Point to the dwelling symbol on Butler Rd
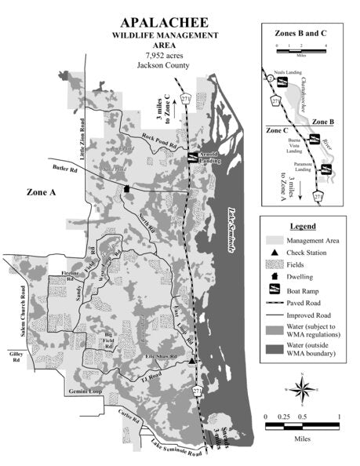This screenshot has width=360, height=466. [x=126, y=188]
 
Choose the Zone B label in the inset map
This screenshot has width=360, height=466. [x=322, y=122]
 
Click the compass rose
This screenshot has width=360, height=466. [x=303, y=388]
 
